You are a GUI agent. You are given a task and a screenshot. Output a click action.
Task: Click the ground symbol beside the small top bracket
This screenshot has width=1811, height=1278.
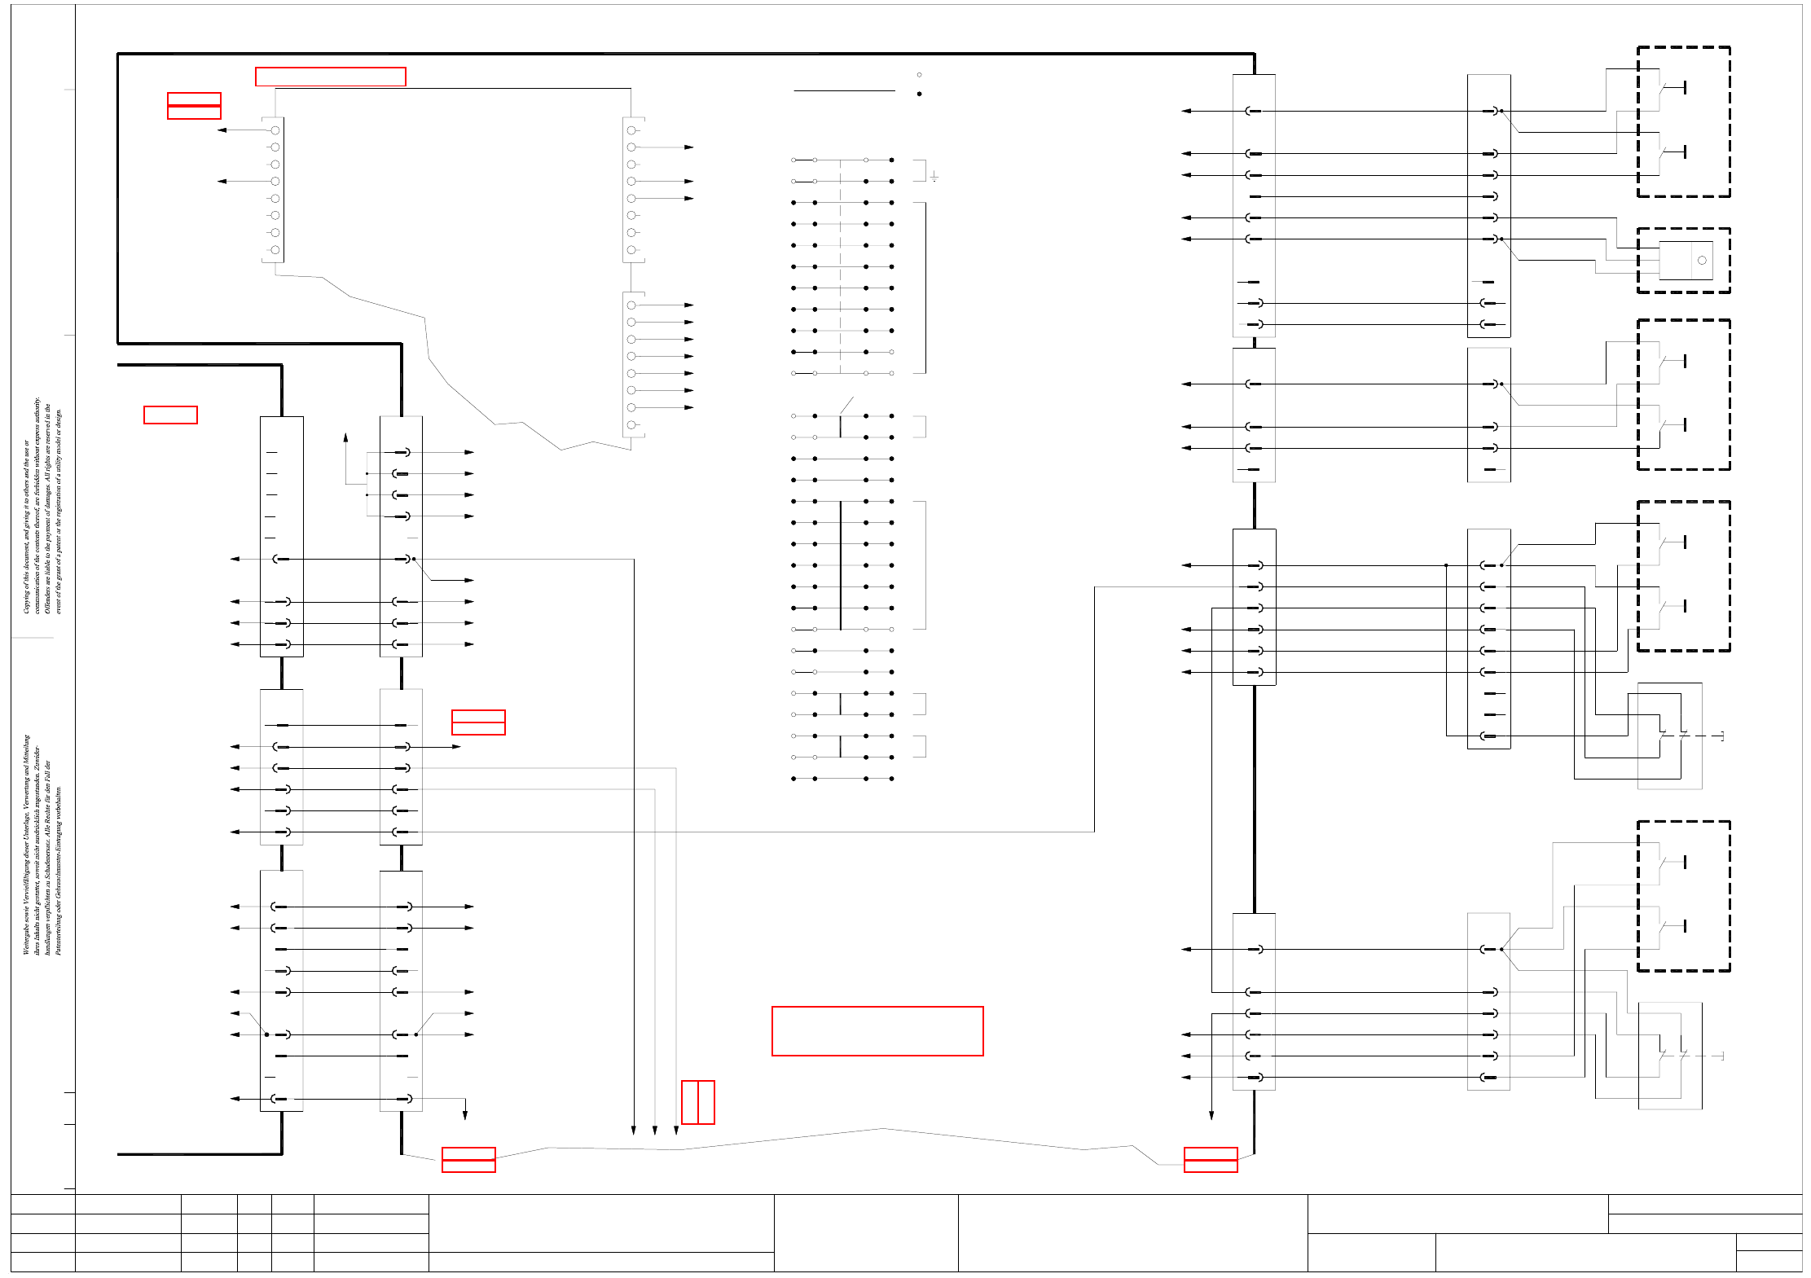[x=934, y=177]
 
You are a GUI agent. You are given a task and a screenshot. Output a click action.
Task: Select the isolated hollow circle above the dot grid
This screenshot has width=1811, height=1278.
[x=919, y=75]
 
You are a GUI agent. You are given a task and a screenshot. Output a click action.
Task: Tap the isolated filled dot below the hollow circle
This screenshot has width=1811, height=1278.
[x=919, y=94]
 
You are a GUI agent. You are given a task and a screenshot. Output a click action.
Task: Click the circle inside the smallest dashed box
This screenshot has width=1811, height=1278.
[x=1702, y=261]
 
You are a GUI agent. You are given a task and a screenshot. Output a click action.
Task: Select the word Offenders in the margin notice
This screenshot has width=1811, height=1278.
[x=47, y=598]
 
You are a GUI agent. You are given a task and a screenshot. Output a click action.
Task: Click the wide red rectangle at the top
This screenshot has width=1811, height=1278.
[x=330, y=77]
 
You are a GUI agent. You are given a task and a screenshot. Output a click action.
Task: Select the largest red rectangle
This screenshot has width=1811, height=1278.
[x=877, y=1031]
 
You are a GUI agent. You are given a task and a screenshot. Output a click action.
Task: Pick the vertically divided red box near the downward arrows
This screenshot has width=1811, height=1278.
[x=697, y=1102]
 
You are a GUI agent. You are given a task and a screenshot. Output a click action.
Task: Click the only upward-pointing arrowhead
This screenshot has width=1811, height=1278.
[x=345, y=438]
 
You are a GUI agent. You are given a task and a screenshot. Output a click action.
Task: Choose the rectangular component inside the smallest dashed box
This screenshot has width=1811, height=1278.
[x=1685, y=261]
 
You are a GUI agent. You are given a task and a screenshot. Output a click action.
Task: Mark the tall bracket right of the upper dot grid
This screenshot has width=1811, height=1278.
[x=925, y=288]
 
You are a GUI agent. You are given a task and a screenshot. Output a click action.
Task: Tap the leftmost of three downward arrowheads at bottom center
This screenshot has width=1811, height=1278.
[x=633, y=1131]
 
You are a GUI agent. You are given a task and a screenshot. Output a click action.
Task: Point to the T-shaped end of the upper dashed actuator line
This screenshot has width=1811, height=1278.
[x=1721, y=736]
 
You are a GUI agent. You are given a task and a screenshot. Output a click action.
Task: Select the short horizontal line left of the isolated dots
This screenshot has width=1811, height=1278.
[x=844, y=91]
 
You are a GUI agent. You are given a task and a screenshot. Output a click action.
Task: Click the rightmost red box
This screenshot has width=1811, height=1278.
[x=1210, y=1159]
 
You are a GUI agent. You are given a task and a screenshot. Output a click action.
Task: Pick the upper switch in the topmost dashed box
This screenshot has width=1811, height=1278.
[x=1672, y=88]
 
